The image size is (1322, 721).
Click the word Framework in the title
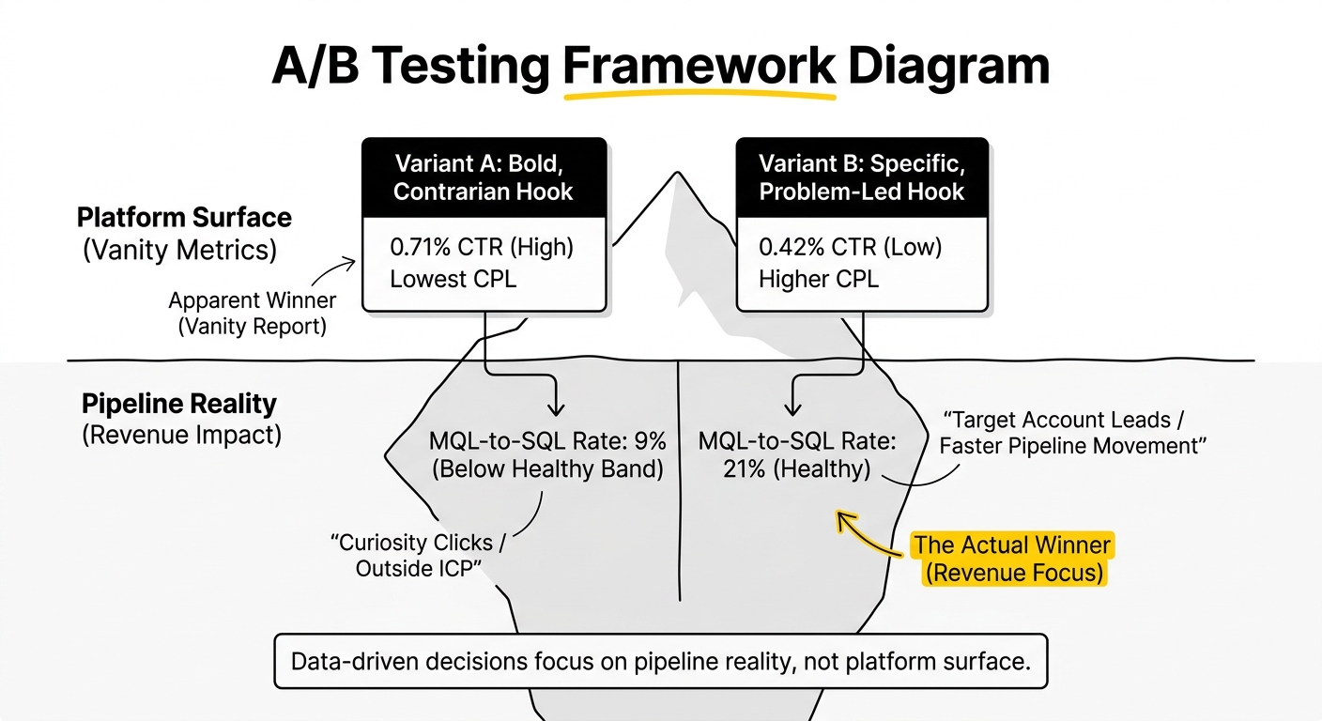coord(699,66)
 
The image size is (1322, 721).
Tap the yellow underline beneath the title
coord(699,95)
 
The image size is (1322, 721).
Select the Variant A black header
coord(484,177)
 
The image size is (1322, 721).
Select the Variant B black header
coord(862,177)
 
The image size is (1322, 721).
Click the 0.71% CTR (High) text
coord(482,247)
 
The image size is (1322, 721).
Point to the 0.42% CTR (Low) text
coord(850,247)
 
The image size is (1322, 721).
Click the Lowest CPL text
coord(453,279)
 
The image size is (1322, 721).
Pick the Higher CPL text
coord(819,279)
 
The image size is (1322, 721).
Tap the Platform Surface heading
coord(184,218)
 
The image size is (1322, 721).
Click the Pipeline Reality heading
coord(178,405)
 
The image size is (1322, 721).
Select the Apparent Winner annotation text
coord(252,313)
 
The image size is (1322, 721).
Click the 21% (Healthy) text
coord(797,469)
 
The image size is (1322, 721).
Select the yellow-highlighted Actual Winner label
coord(1013,559)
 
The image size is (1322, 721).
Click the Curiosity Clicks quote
coord(418,555)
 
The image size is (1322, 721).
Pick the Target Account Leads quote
coord(1072,433)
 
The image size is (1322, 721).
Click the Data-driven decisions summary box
coord(661,662)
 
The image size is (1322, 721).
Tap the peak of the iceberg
coord(678,173)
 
